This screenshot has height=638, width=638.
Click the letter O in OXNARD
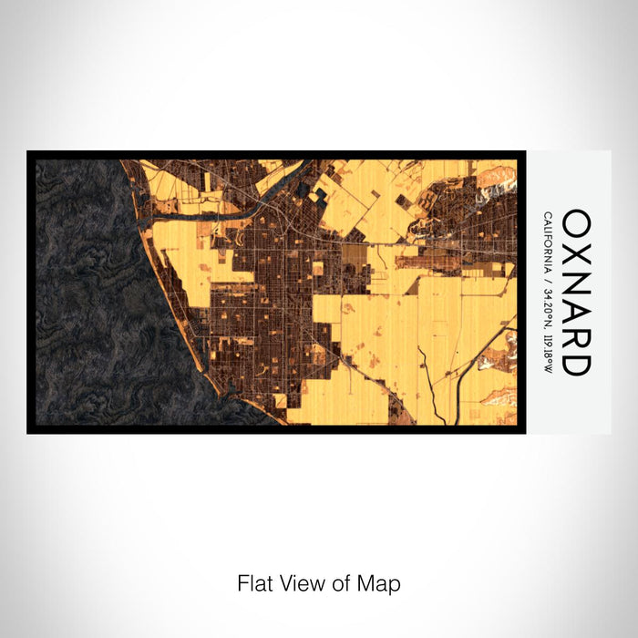(577, 223)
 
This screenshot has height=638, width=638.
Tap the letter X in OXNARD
(577, 252)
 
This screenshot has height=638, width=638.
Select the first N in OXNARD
(577, 282)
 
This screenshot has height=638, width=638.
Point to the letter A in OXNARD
(577, 311)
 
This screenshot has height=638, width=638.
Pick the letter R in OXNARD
(577, 338)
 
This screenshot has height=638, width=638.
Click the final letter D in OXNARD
(577, 364)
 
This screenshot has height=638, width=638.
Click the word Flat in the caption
(255, 582)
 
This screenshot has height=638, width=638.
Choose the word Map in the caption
(380, 582)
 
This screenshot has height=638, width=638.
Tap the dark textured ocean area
(91, 292)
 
